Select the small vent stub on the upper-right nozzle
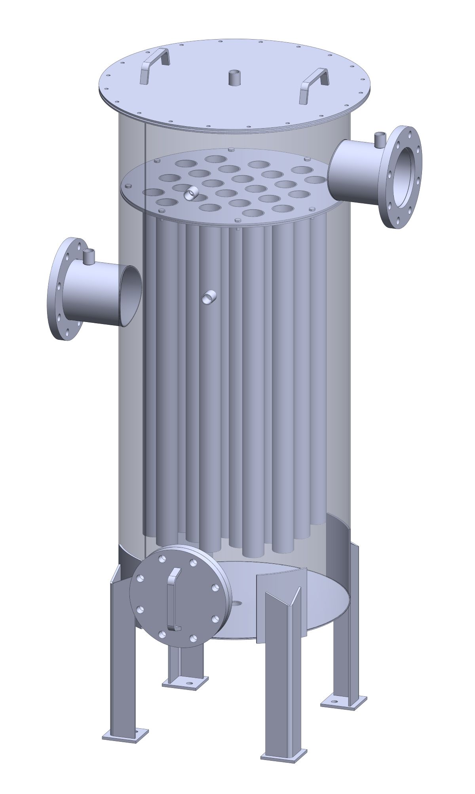coord(380,140)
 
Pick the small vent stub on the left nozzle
coord(89,256)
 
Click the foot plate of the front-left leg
coord(125,735)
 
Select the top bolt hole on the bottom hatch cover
coord(162,559)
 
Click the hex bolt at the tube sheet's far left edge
coord(127,186)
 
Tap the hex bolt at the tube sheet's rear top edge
coord(231,150)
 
